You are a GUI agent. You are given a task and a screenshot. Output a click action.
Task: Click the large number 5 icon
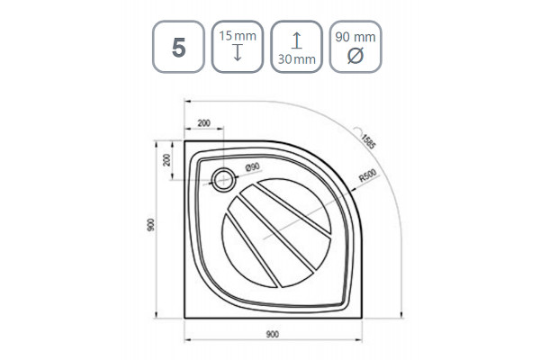click(179, 47)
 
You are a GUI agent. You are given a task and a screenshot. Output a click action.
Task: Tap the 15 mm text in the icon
click(238, 36)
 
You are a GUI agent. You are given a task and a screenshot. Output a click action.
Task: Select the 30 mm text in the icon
click(296, 59)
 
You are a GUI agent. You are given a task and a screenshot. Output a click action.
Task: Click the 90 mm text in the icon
click(355, 37)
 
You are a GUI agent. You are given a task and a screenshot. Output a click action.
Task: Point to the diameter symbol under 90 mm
click(355, 56)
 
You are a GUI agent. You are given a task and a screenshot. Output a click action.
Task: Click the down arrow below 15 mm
click(238, 53)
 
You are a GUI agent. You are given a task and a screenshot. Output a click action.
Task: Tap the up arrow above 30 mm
click(296, 40)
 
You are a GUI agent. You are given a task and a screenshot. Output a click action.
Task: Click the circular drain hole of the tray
click(224, 179)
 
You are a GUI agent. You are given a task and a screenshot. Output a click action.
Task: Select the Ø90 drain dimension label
click(252, 167)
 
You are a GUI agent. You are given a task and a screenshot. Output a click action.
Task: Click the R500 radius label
click(368, 175)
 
